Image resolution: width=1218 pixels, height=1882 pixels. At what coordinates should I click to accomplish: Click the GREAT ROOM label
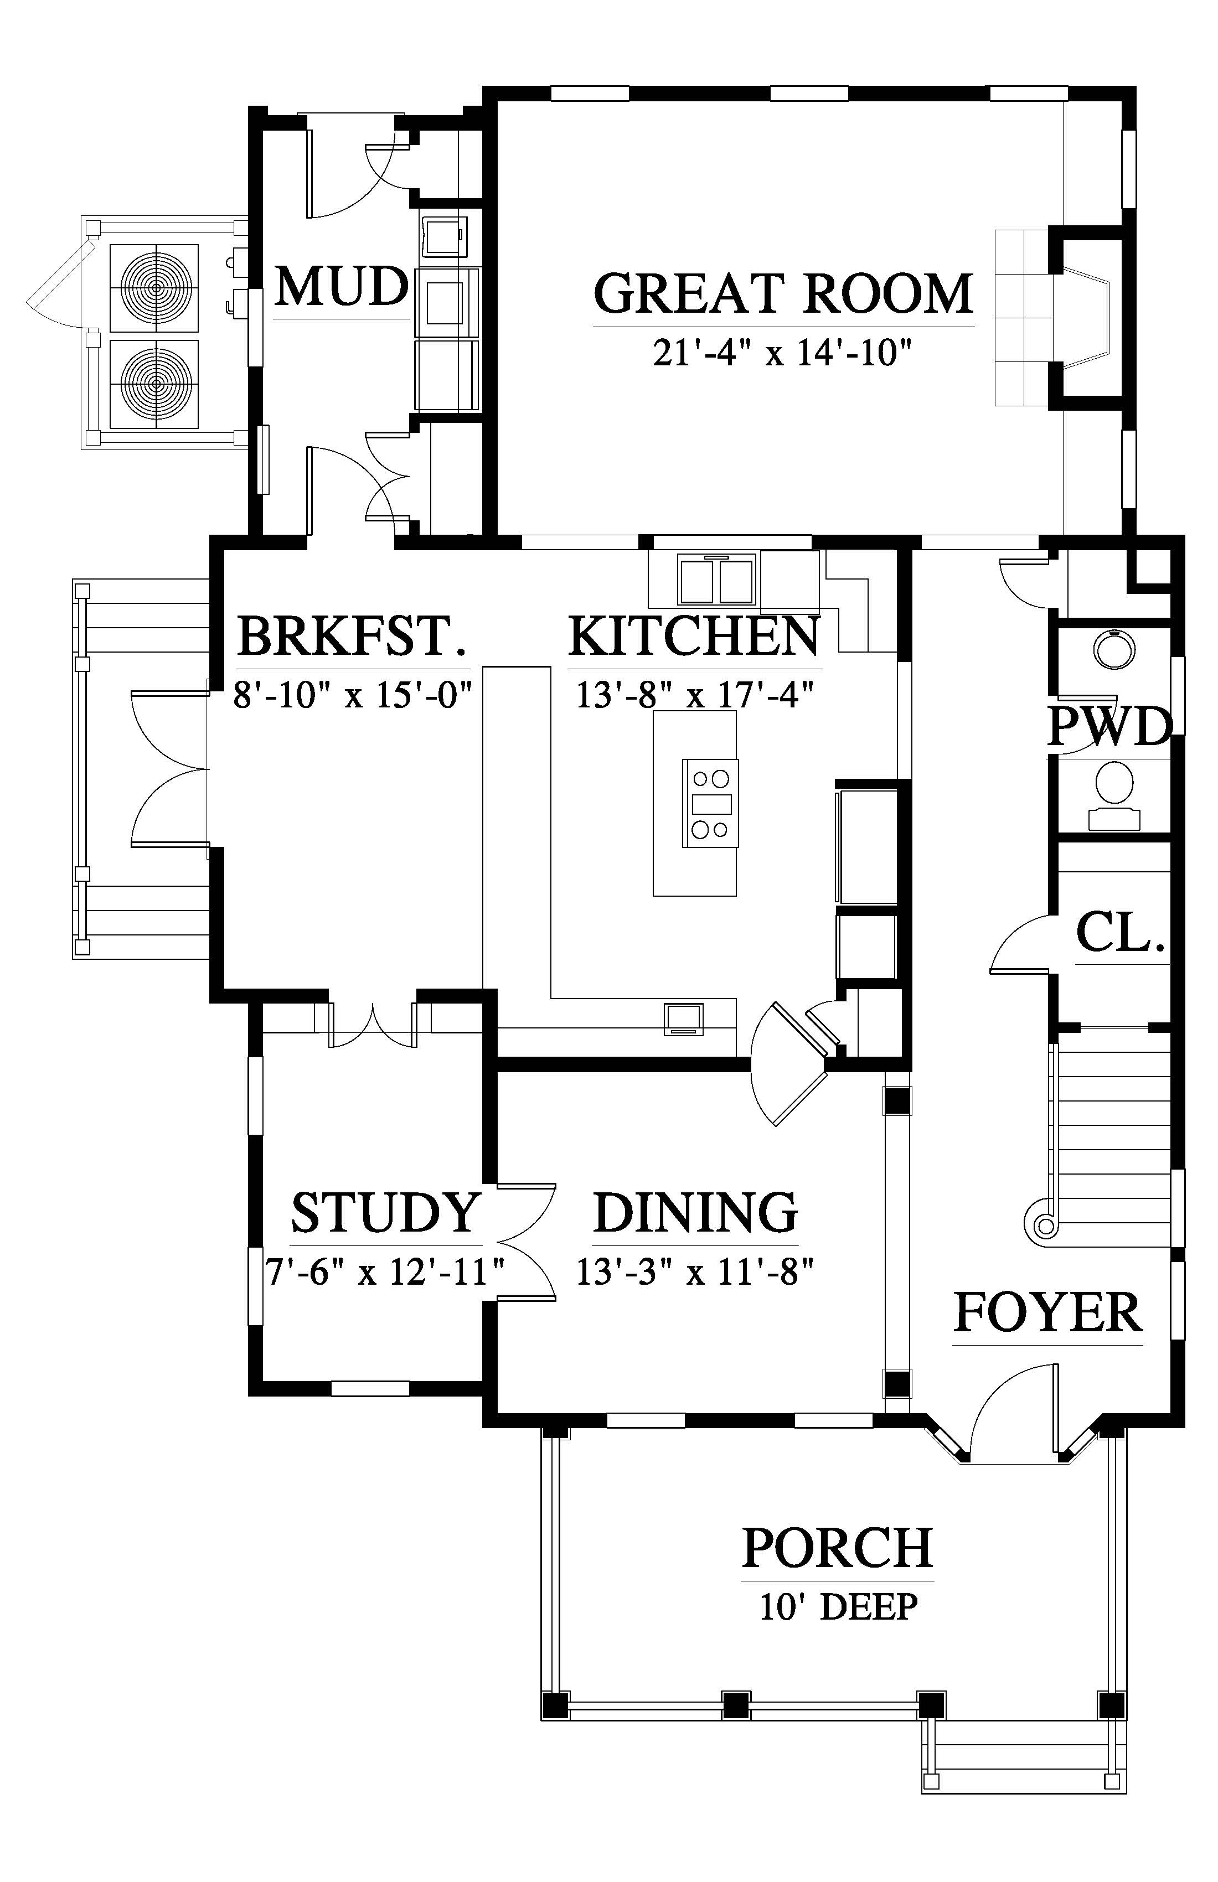click(783, 293)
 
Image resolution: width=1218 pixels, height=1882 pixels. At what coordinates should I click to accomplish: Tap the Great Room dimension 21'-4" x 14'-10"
click(777, 353)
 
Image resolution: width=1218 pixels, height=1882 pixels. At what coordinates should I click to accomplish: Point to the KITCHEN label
click(694, 636)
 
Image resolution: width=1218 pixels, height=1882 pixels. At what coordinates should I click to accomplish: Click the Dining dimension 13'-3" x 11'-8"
click(694, 1273)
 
